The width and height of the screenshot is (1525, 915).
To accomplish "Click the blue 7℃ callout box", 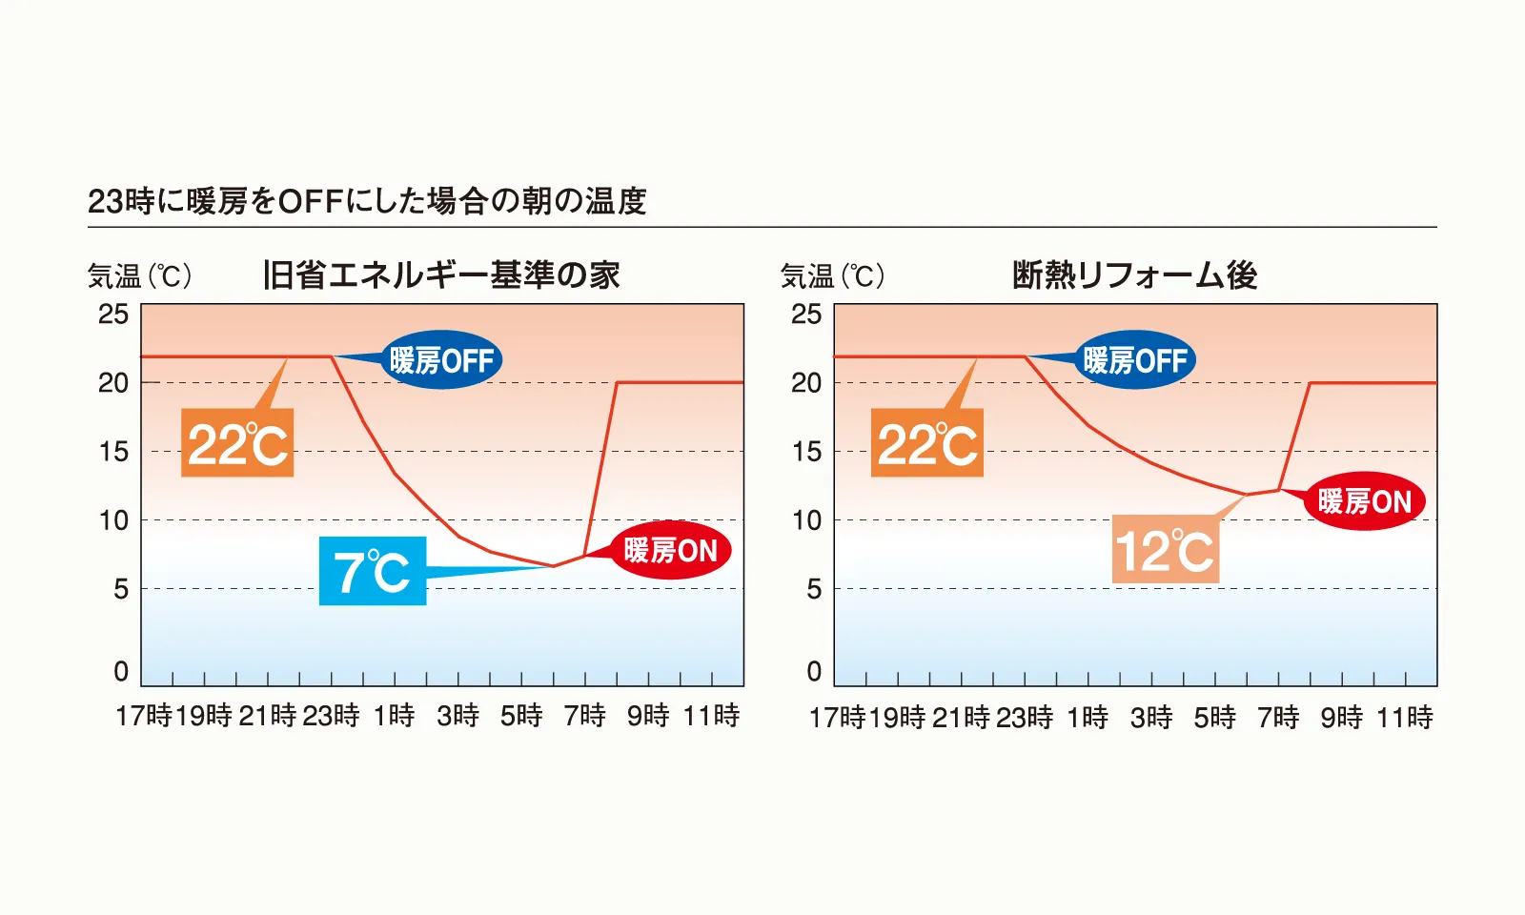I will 373,571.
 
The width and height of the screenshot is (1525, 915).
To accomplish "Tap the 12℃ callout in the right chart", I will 1165,550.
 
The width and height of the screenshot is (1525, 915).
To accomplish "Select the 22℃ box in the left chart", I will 237,443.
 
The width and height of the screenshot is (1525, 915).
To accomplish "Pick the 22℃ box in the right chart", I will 926,443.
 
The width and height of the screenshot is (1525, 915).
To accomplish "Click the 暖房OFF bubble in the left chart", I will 441,360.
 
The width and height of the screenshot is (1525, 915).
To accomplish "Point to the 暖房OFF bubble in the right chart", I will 1134,360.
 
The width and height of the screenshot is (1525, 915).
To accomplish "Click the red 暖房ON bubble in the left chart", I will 670,550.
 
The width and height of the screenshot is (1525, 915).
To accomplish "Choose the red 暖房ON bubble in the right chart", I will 1364,501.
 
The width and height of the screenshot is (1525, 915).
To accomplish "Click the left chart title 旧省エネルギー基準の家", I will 441,275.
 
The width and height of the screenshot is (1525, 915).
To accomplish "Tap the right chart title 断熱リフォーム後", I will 1134,275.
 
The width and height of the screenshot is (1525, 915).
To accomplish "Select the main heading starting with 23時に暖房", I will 367,201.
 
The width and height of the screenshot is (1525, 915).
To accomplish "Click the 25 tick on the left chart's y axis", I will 113,314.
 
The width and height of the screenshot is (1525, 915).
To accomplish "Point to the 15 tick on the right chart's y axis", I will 806,451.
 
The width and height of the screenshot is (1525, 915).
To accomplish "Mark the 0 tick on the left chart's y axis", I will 121,671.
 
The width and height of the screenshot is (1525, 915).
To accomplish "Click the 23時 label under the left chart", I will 331,716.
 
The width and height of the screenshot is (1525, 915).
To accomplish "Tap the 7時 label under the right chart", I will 1278,717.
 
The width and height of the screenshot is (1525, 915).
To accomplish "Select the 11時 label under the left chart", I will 711,716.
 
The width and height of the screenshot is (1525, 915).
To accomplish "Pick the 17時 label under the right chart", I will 837,717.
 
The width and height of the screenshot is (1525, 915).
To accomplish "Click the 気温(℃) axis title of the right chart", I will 832,276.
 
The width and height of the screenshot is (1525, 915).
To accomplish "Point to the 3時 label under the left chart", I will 457,716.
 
